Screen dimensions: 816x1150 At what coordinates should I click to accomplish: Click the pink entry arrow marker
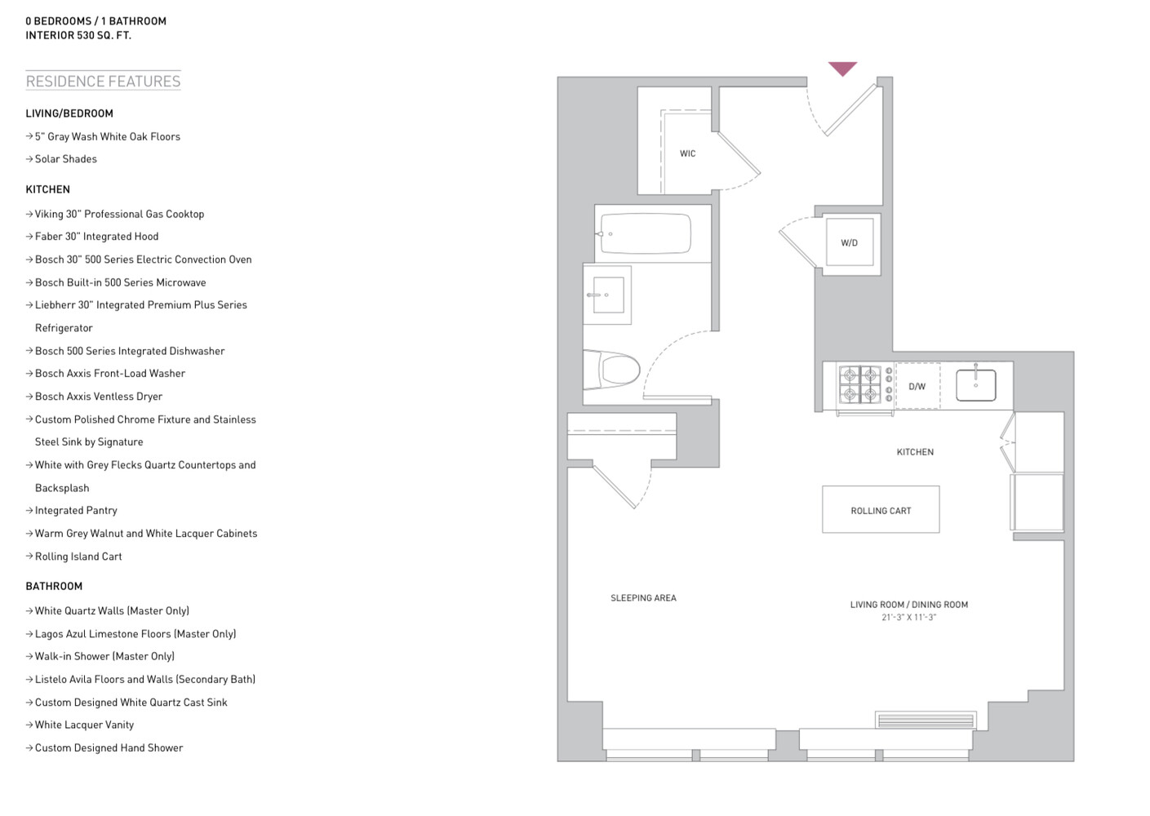tap(842, 69)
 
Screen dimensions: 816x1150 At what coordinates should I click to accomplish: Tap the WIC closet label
tap(687, 153)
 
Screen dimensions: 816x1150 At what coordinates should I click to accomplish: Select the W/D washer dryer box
tap(849, 242)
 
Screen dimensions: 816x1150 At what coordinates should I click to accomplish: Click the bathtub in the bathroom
tap(645, 234)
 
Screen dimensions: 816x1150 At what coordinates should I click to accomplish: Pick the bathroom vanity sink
tap(608, 295)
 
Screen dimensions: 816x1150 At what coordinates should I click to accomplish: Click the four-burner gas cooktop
tap(860, 385)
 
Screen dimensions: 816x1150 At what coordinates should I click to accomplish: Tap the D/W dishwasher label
tap(917, 387)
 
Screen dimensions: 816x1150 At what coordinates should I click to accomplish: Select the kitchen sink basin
tap(975, 385)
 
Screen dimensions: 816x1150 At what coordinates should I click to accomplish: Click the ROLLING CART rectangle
tap(881, 510)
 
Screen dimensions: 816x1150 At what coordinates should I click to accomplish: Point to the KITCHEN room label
tap(915, 452)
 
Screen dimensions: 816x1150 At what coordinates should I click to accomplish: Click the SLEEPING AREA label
tap(643, 598)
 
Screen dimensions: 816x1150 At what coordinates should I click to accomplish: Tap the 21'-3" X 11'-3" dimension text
tap(908, 618)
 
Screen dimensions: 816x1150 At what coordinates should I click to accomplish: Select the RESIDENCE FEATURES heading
tap(103, 81)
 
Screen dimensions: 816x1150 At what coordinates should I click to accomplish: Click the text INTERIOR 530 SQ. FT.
tap(78, 35)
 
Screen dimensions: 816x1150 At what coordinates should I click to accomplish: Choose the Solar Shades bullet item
tap(65, 159)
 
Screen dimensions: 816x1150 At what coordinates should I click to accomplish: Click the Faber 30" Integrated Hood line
tap(96, 237)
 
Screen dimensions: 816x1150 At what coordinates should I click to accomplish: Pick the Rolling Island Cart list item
tap(78, 557)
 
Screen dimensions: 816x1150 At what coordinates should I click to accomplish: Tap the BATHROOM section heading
tap(54, 586)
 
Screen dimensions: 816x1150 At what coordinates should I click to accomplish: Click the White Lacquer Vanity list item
tap(84, 725)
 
